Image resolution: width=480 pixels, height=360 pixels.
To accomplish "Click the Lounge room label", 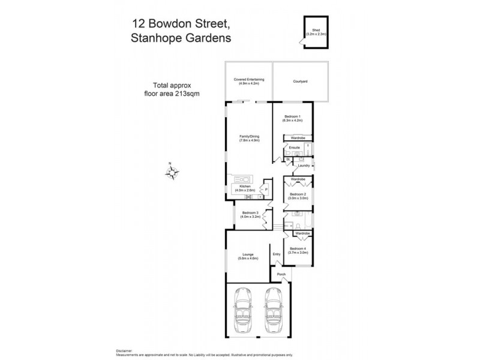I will [x=248, y=256].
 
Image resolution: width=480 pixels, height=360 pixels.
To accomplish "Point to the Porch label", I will [x=281, y=275].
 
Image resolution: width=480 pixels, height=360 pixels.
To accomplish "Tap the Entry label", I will [x=277, y=254].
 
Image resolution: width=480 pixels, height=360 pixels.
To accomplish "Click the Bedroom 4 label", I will [x=298, y=250].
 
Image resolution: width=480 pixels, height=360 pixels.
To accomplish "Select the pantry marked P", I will [x=265, y=191].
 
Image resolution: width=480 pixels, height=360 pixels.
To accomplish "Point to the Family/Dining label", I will [x=249, y=139].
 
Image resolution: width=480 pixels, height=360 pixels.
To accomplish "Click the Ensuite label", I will [x=294, y=148].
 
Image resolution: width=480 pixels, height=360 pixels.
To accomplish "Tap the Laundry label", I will [x=304, y=166].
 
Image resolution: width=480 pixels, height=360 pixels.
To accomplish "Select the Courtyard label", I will [x=301, y=81].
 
